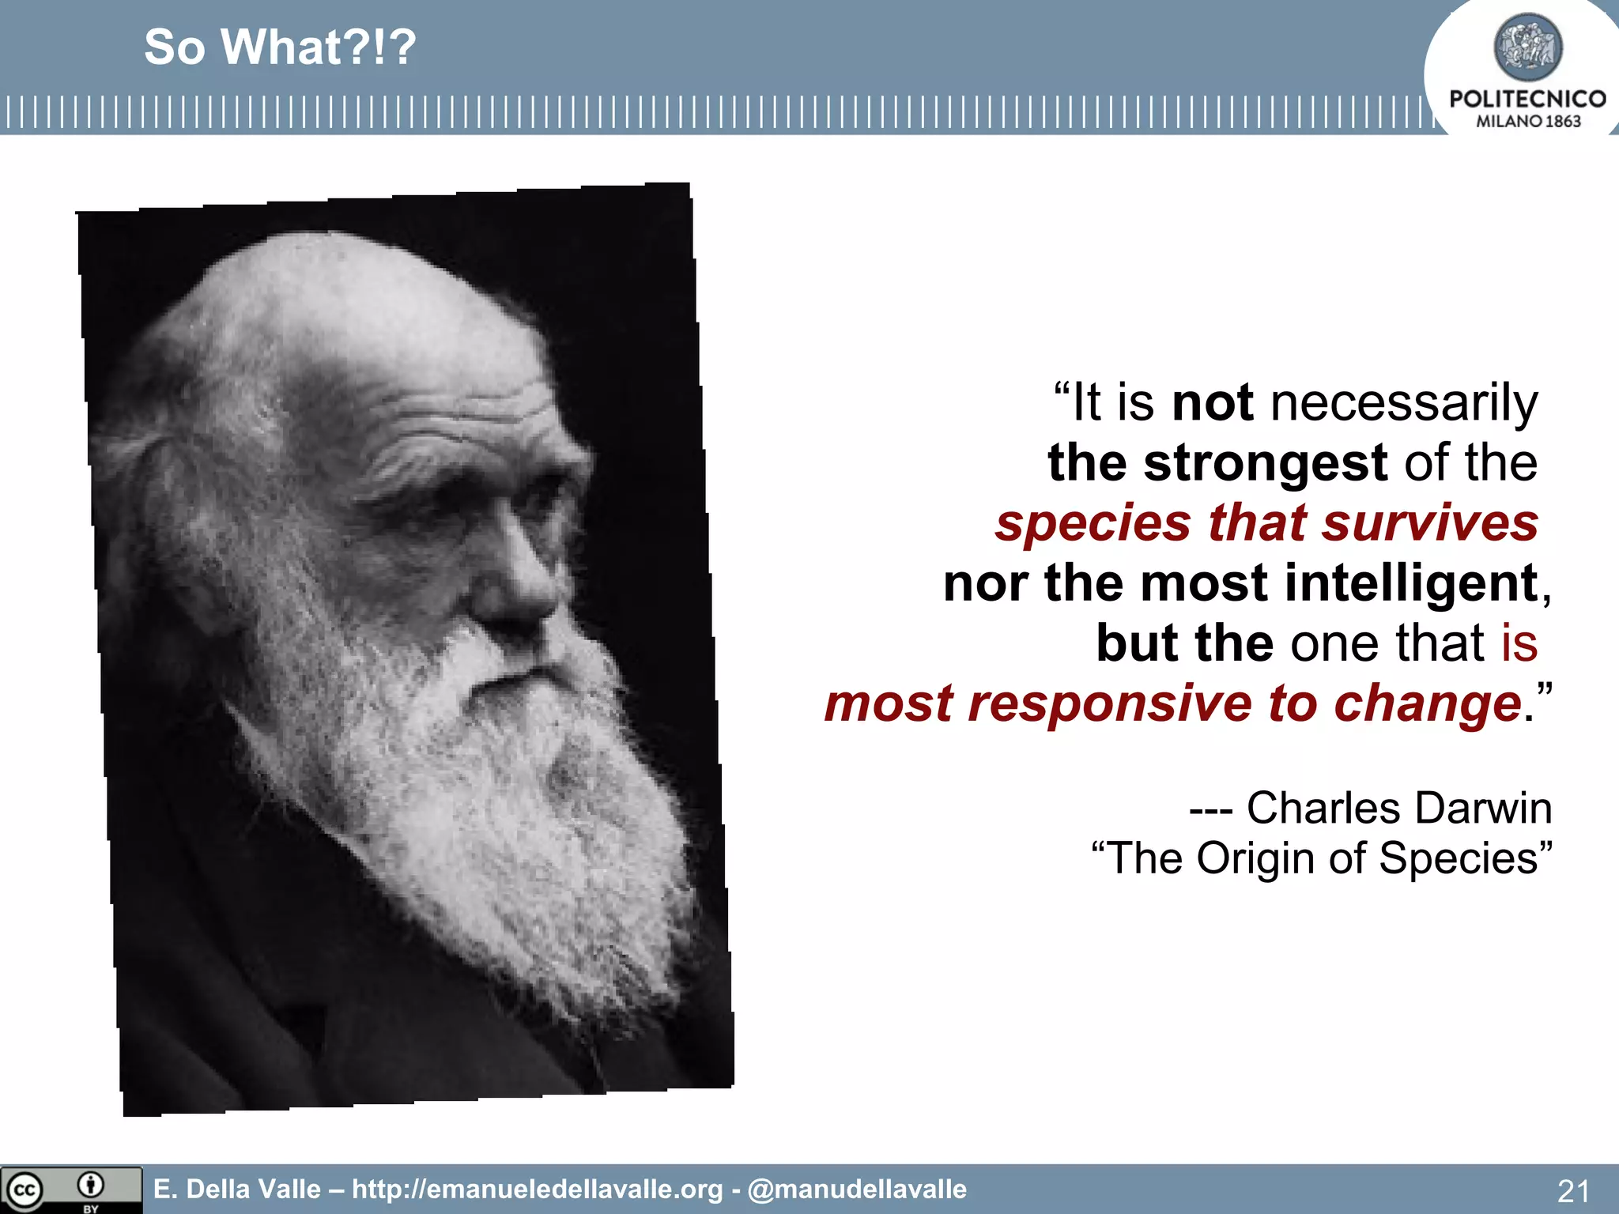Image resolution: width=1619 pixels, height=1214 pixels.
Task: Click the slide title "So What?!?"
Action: pos(279,47)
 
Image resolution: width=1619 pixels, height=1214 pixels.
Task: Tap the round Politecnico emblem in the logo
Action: pos(1527,47)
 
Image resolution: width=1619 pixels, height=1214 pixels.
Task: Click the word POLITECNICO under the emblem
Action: pos(1527,99)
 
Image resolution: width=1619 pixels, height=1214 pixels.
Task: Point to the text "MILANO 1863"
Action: pos(1528,121)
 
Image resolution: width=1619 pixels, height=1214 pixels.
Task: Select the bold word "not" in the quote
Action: pos(1212,403)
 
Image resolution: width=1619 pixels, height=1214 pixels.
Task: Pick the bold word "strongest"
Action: pos(1265,463)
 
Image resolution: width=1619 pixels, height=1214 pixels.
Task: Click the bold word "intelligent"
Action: pos(1411,583)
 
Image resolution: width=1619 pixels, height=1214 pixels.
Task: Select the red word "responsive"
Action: pos(1110,703)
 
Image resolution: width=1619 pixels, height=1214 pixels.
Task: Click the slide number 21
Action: pos(1572,1190)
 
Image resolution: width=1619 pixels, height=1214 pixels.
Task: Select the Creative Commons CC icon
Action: pos(25,1190)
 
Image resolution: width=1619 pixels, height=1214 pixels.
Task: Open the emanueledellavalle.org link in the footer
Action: pos(538,1189)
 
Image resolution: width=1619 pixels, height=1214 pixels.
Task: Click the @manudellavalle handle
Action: pos(857,1189)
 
